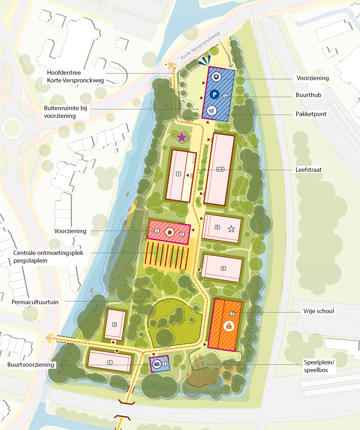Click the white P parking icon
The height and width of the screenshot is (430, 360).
pyautogui.click(x=215, y=94)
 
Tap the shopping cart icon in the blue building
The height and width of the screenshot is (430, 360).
pyautogui.click(x=211, y=110)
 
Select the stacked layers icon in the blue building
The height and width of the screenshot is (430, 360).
pyautogui.click(x=217, y=77)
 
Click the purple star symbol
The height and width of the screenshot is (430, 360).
pyautogui.click(x=182, y=137)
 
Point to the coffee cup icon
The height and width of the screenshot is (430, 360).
pyautogui.click(x=170, y=231)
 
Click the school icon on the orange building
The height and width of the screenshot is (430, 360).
pyautogui.click(x=229, y=326)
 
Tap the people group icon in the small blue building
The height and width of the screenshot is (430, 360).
pyautogui.click(x=156, y=364)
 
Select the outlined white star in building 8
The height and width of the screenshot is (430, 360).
pyautogui.click(x=231, y=229)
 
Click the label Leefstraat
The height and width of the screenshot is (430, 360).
pyautogui.click(x=308, y=170)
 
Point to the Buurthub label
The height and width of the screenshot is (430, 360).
pyautogui.click(x=308, y=95)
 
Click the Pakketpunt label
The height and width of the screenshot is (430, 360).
pyautogui.click(x=311, y=114)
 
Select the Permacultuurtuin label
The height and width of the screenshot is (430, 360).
pyautogui.click(x=35, y=302)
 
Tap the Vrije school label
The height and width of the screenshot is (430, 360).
pyautogui.click(x=318, y=311)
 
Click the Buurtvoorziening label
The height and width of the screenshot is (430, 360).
pyautogui.click(x=31, y=365)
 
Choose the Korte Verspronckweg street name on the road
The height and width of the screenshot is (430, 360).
pyautogui.click(x=200, y=45)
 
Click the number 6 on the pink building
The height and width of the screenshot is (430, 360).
pyautogui.click(x=223, y=268)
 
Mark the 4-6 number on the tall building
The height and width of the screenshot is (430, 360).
pyautogui.click(x=220, y=169)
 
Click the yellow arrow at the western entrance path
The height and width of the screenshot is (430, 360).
pyautogui.click(x=50, y=337)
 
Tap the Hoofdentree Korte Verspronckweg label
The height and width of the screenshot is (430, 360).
pyautogui.click(x=75, y=76)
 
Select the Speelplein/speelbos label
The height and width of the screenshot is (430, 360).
pyautogui.click(x=319, y=366)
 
